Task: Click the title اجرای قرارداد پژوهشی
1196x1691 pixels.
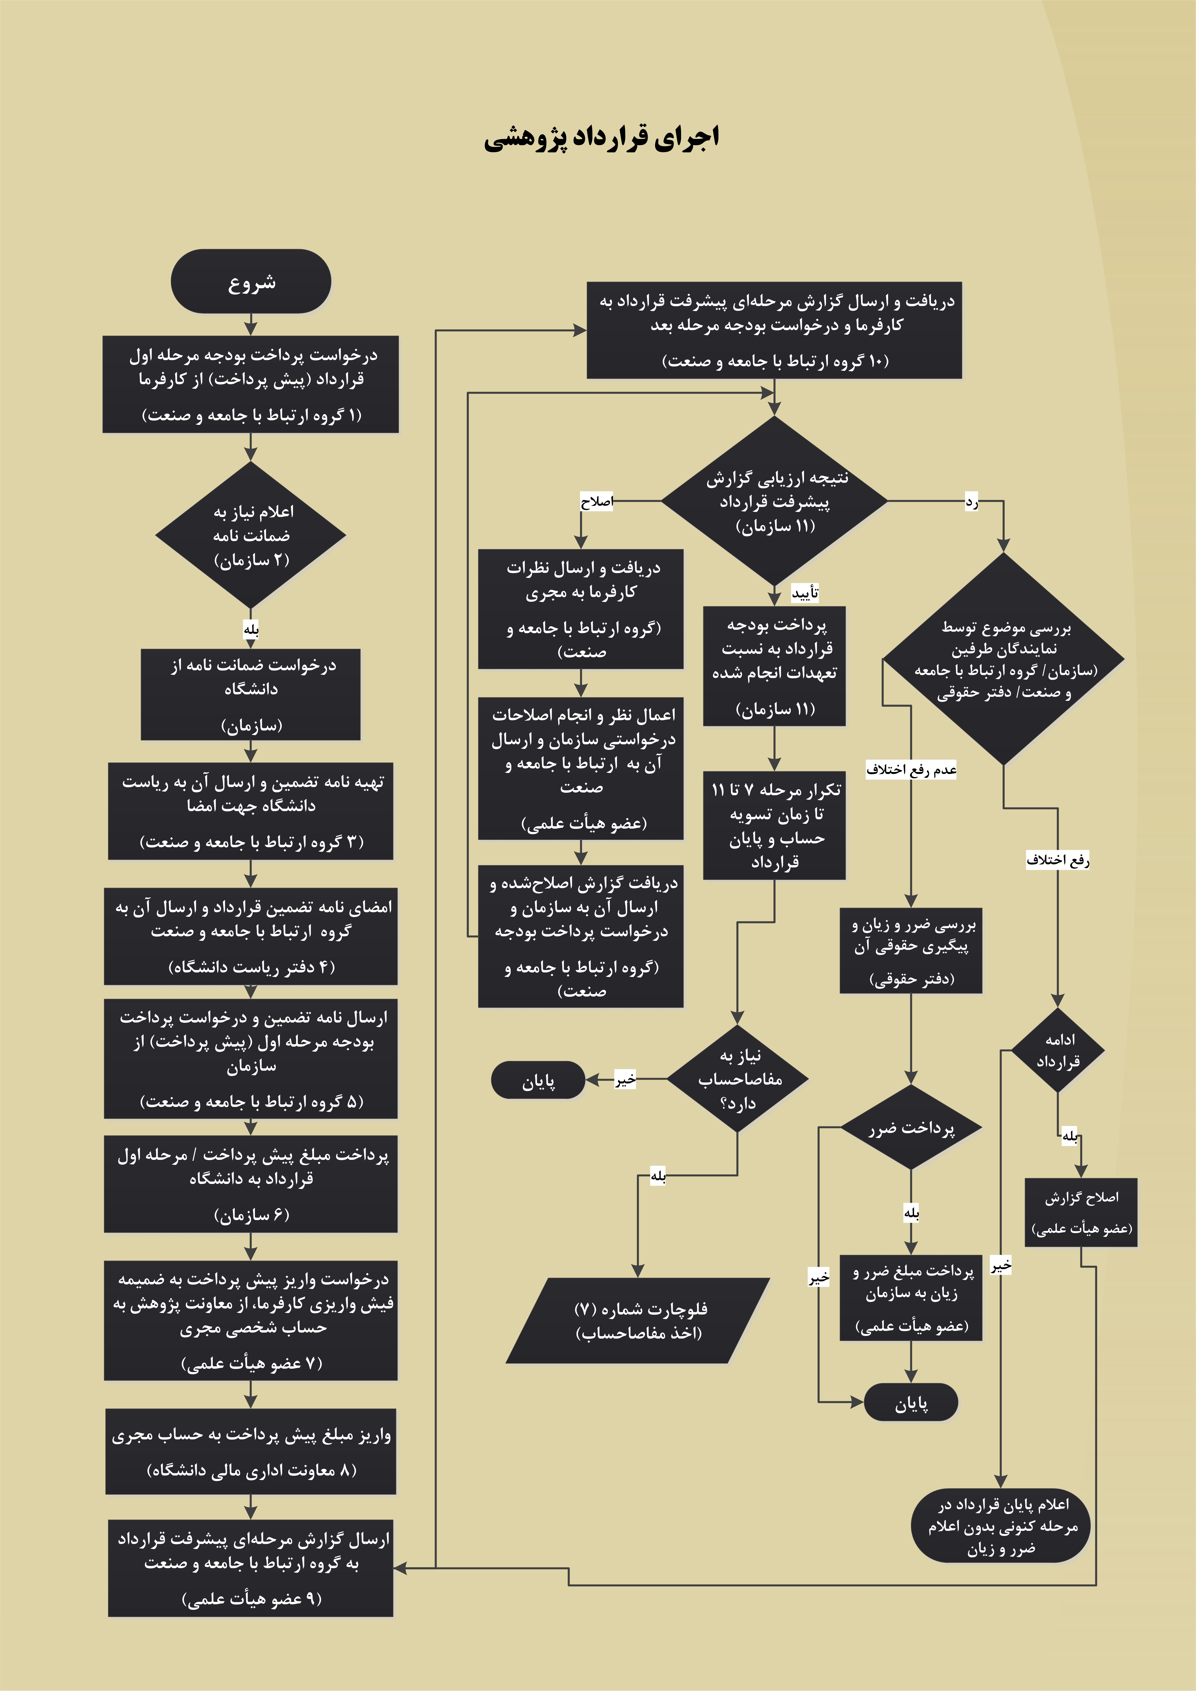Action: coord(601,138)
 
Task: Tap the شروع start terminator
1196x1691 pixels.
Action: coord(251,281)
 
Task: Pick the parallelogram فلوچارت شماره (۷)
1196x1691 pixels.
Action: coord(638,1321)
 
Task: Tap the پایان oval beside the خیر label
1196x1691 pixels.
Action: coord(538,1080)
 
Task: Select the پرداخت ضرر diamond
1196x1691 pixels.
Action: coord(911,1128)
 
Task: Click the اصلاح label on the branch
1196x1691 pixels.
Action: coord(597,502)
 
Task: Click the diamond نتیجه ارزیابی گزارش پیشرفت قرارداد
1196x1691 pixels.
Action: coord(775,501)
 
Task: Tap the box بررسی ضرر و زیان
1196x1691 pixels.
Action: coord(911,950)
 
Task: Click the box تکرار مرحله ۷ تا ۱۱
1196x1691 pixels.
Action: coord(775,826)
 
